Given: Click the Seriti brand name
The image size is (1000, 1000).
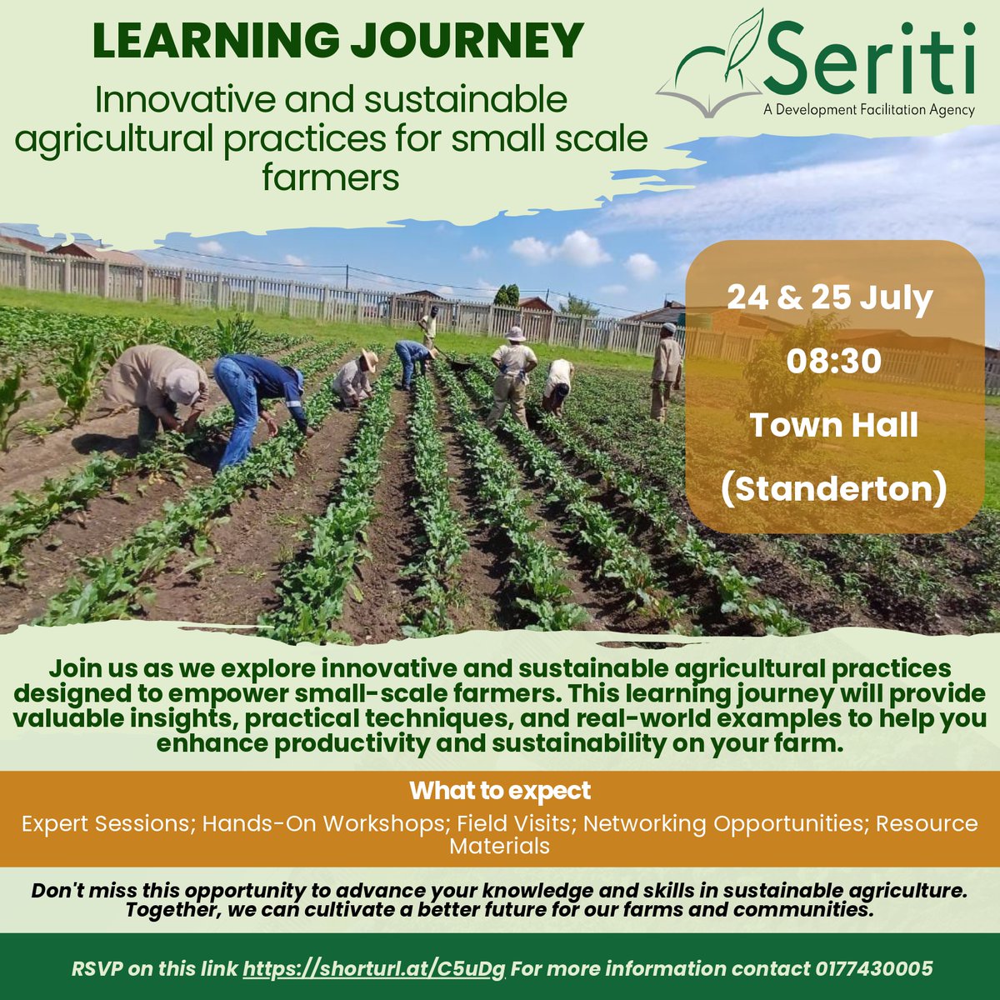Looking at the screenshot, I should point(872,58).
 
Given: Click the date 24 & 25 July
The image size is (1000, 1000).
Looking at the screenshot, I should point(829,299).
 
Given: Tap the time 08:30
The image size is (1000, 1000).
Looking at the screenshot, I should point(833,362).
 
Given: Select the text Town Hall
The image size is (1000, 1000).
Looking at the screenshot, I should point(833,426).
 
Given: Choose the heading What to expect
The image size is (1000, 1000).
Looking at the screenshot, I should point(500,790).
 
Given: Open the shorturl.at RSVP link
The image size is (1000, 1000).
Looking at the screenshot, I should point(374,969).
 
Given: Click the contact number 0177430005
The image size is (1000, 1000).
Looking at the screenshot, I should point(873,969).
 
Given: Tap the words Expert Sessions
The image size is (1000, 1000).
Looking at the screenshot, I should point(106,823).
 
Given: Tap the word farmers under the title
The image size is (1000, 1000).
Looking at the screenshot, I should point(331,177).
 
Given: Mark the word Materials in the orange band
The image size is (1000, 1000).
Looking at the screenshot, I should point(500,846).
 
